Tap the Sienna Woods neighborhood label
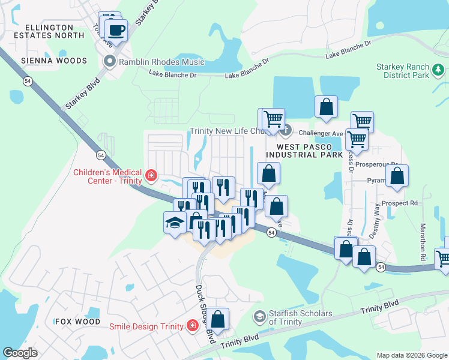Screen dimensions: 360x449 [x=54, y=61]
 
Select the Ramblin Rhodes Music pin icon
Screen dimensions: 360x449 [x=109, y=61]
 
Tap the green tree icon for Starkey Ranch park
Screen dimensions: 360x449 [x=439, y=72]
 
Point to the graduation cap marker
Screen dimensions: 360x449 [x=175, y=223]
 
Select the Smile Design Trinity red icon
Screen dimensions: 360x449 [x=193, y=326]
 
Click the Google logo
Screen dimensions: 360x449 [x=20, y=353]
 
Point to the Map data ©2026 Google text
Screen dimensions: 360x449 [x=411, y=355]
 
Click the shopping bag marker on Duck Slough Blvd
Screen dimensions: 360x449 [x=219, y=319]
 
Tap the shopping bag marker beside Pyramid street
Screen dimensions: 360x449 [x=397, y=176]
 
